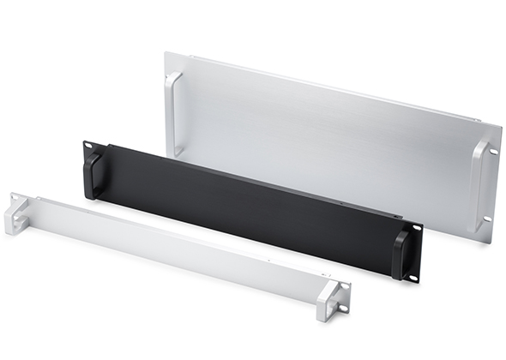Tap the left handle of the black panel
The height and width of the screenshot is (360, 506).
[92, 174]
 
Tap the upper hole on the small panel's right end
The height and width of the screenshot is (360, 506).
[344, 286]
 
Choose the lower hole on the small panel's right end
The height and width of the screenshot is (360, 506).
[340, 308]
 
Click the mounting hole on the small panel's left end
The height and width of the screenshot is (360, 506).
[14, 200]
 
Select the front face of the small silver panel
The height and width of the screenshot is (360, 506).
[172, 249]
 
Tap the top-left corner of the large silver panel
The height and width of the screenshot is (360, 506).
[166, 54]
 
